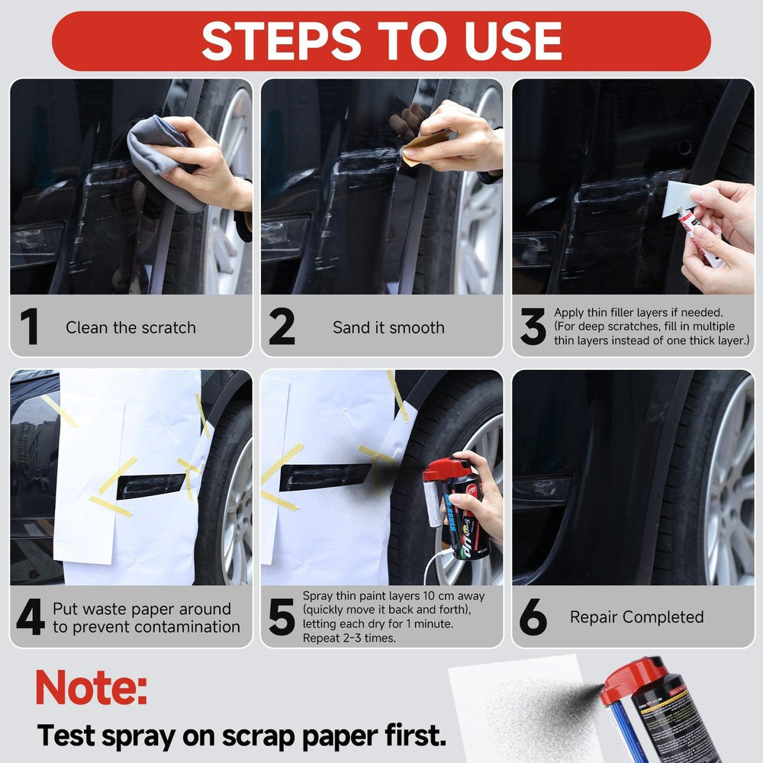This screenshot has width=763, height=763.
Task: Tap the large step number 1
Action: [x=29, y=327]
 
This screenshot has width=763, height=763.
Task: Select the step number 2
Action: [x=282, y=327]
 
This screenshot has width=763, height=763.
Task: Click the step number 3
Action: [x=533, y=327]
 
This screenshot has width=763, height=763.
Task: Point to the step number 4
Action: [x=30, y=618]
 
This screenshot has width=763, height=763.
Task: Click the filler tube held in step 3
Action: [x=698, y=237]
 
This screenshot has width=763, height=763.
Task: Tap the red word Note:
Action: [x=91, y=687]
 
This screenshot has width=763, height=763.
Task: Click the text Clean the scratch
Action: [x=130, y=328]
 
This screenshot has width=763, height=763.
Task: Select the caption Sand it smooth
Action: [x=388, y=328]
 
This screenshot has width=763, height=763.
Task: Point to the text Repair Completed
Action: [x=636, y=617]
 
